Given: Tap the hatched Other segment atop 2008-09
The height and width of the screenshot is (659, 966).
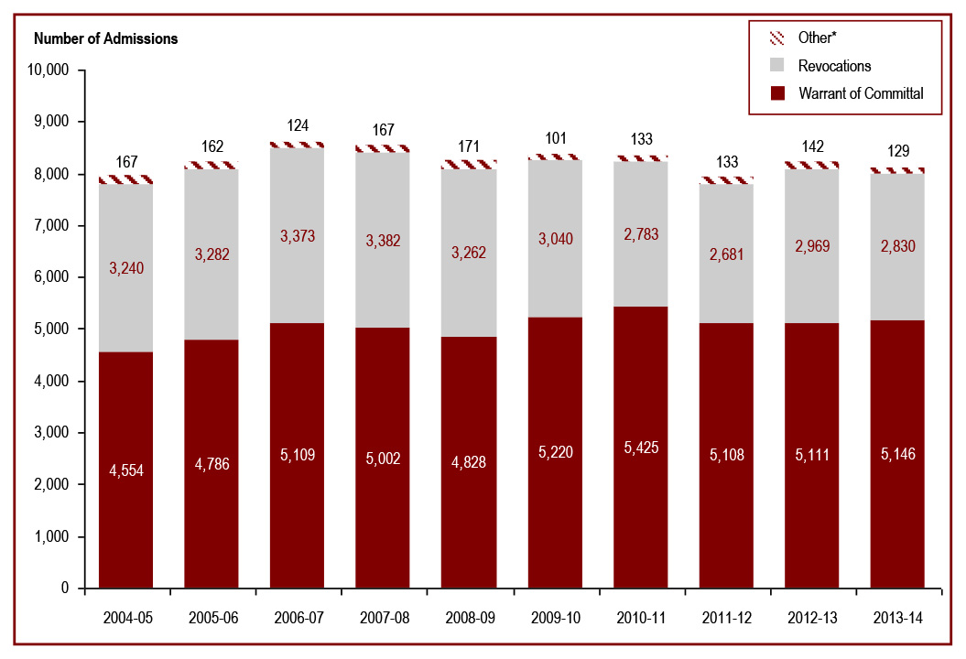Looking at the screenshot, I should tap(468, 165).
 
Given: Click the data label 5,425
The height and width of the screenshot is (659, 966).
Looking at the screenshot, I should tap(640, 448).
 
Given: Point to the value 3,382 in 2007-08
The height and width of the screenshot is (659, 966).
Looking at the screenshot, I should tap(383, 241).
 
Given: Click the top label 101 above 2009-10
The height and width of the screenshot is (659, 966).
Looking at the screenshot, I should tap(555, 140).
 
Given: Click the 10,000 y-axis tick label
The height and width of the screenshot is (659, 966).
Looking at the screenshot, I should tap(49, 70).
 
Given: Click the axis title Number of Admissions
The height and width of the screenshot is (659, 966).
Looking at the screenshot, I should tap(105, 38).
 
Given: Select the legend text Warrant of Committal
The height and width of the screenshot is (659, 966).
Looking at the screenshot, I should tap(860, 93).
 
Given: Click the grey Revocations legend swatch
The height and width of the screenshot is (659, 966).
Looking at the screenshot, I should tap(777, 66).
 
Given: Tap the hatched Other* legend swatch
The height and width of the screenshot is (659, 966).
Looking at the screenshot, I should tap(777, 38).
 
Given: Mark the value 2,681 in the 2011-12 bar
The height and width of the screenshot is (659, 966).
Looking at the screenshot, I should tap(726, 254).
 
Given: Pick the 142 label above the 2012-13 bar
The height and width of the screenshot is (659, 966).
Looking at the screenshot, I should tap(812, 146).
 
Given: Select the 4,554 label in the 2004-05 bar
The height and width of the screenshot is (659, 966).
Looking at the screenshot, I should tap(125, 470).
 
